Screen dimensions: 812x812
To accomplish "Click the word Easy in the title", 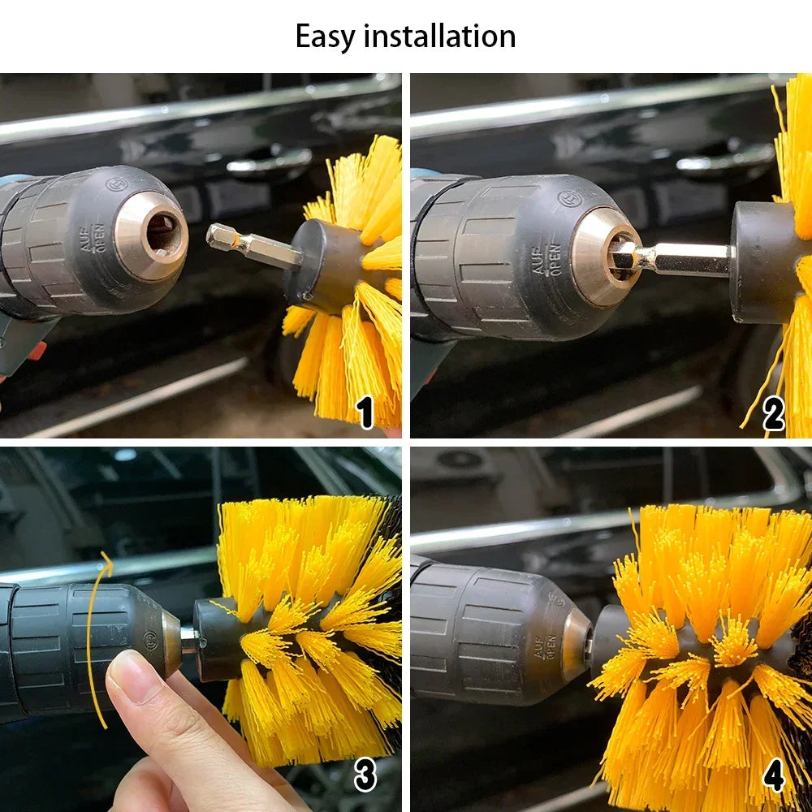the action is pyautogui.click(x=326, y=37).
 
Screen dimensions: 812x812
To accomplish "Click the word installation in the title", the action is pyautogui.click(x=439, y=37).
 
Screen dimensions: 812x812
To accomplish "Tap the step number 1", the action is pyautogui.click(x=366, y=412).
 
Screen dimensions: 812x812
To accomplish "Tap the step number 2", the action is pyautogui.click(x=774, y=414).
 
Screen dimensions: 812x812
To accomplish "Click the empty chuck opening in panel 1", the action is pyautogui.click(x=163, y=235).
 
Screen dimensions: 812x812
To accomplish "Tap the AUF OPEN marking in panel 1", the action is pyautogui.click(x=93, y=238).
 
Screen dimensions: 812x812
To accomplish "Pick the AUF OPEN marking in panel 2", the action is pyautogui.click(x=546, y=259).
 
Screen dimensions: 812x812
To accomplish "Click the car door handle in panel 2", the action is pyautogui.click(x=725, y=158).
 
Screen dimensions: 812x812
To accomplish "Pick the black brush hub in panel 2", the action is pyautogui.click(x=762, y=262).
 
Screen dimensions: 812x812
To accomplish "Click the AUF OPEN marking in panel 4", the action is pyautogui.click(x=544, y=647).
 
